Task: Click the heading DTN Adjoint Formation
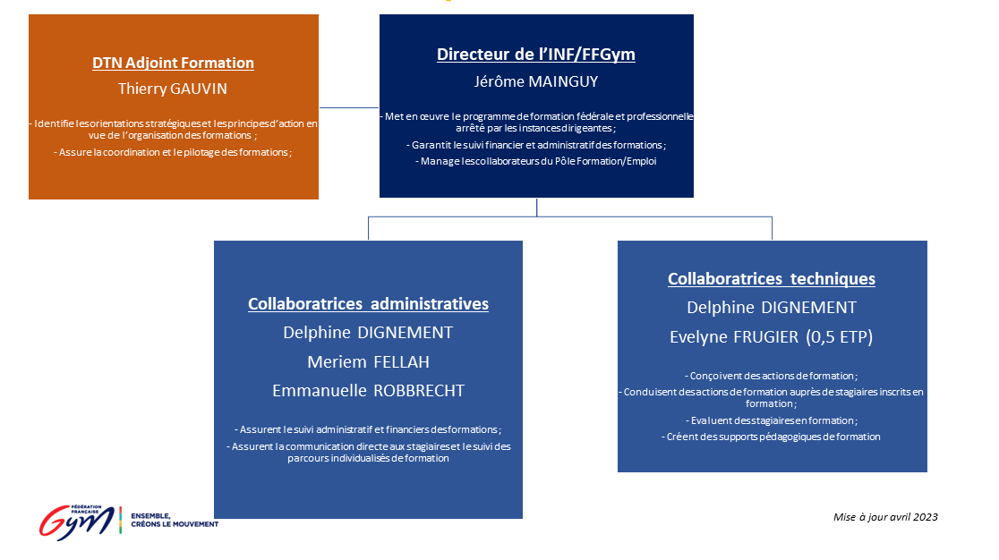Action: click(174, 63)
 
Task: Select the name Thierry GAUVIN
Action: click(173, 89)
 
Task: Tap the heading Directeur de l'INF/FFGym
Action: click(536, 55)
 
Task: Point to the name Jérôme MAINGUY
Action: click(536, 81)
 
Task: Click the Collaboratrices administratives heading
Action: click(368, 303)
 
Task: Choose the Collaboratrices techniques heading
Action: click(772, 279)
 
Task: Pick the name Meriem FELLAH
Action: click(368, 362)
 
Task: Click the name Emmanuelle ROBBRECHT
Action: click(368, 391)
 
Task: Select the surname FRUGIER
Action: click(766, 336)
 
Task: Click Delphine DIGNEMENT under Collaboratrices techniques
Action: click(772, 308)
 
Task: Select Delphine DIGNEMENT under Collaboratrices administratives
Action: click(368, 333)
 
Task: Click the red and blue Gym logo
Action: click(76, 522)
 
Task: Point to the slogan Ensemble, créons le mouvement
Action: click(175, 520)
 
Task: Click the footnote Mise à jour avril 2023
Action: click(885, 517)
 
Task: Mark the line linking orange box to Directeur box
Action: click(349, 107)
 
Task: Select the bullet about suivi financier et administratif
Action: click(536, 145)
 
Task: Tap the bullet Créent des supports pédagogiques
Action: click(771, 437)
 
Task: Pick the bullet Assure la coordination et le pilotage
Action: click(173, 153)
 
